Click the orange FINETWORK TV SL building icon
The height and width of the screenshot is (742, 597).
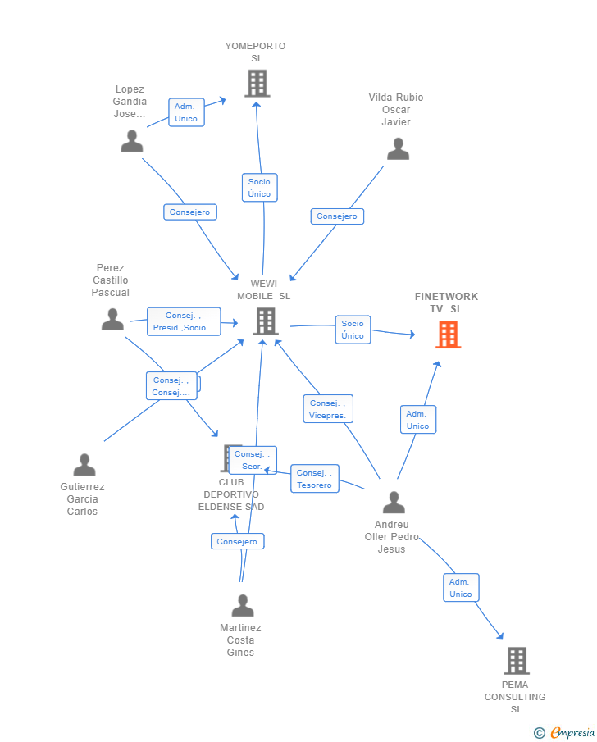(448, 335)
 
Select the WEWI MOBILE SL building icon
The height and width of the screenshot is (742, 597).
(265, 321)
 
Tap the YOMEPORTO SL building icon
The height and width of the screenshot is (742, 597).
(257, 83)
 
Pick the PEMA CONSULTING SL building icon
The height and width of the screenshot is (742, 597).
(516, 660)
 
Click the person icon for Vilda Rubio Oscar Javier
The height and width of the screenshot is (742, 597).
(398, 148)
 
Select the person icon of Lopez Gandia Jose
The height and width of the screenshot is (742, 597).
(131, 141)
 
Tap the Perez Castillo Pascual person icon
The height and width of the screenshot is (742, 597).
(112, 320)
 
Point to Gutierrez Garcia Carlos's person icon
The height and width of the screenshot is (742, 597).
(84, 465)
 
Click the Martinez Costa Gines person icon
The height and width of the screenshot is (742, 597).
(242, 606)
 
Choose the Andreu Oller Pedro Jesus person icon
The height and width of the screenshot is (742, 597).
(394, 503)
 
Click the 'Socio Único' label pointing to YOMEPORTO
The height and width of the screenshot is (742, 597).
(259, 188)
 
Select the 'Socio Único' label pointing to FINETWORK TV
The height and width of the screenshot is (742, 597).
(353, 330)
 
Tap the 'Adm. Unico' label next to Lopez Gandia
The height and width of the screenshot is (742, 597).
(186, 112)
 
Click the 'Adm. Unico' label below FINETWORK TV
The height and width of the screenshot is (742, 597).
(417, 420)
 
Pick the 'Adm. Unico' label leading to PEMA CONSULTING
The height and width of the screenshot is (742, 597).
(461, 588)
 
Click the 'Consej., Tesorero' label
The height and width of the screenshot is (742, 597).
(314, 479)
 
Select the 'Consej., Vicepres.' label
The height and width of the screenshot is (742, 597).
(328, 409)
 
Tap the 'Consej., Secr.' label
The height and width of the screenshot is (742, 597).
(253, 460)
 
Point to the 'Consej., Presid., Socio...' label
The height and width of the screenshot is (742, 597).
(183, 321)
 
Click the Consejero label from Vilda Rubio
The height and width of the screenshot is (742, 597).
(337, 216)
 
